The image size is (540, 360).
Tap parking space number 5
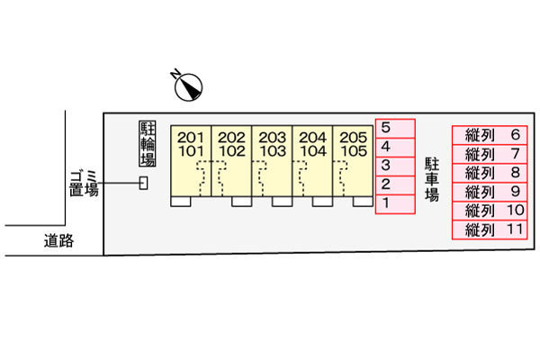tap(395, 128)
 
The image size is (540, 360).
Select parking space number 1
tap(395, 204)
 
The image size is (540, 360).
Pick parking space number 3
tap(395, 166)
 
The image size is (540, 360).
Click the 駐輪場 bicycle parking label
tap(148, 144)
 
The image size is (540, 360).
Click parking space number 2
tap(395, 185)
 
